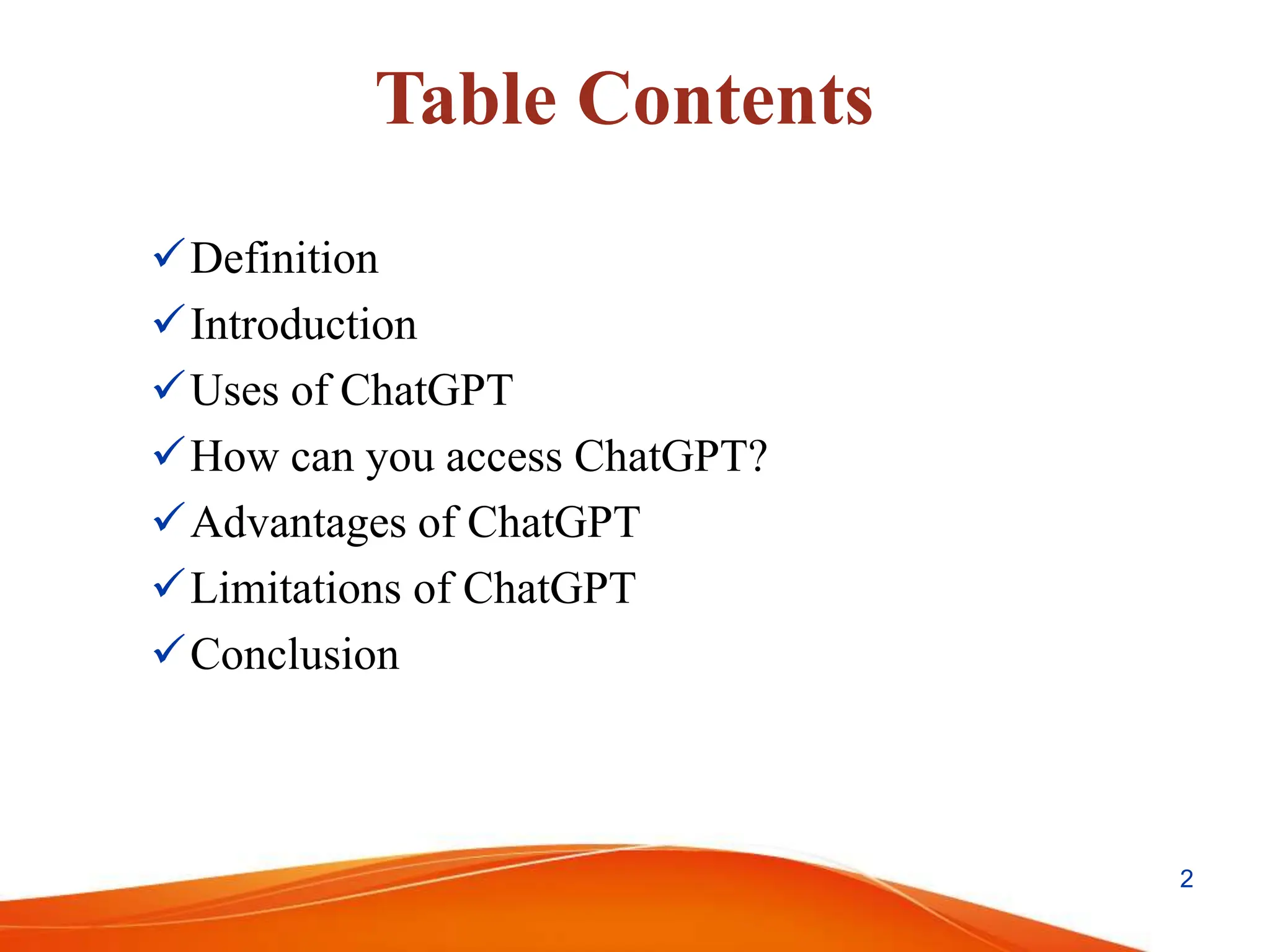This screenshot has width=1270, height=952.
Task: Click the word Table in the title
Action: point(466,99)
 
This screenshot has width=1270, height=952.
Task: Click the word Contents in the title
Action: point(725,99)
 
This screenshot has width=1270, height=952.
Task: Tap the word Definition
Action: point(284,258)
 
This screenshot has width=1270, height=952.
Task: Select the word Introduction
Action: point(304,324)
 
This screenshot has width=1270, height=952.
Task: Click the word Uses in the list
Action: point(234,390)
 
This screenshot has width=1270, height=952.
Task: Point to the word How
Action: point(234,457)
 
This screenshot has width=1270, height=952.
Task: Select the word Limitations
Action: point(296,588)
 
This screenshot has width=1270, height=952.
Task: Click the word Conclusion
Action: point(295,654)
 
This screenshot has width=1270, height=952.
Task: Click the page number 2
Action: point(1186,879)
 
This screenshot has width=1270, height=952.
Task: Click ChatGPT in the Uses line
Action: point(427,390)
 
